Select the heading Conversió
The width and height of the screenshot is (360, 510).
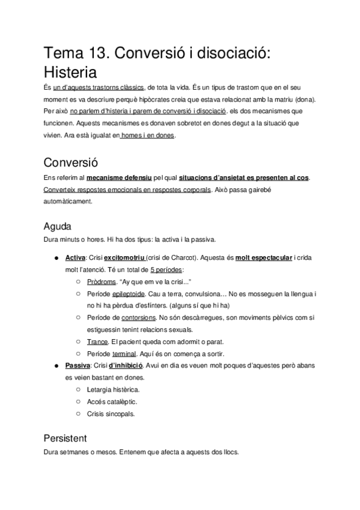coord(72,162)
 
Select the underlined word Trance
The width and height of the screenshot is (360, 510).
coord(97,341)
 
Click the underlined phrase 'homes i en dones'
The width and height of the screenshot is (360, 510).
coord(148,136)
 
